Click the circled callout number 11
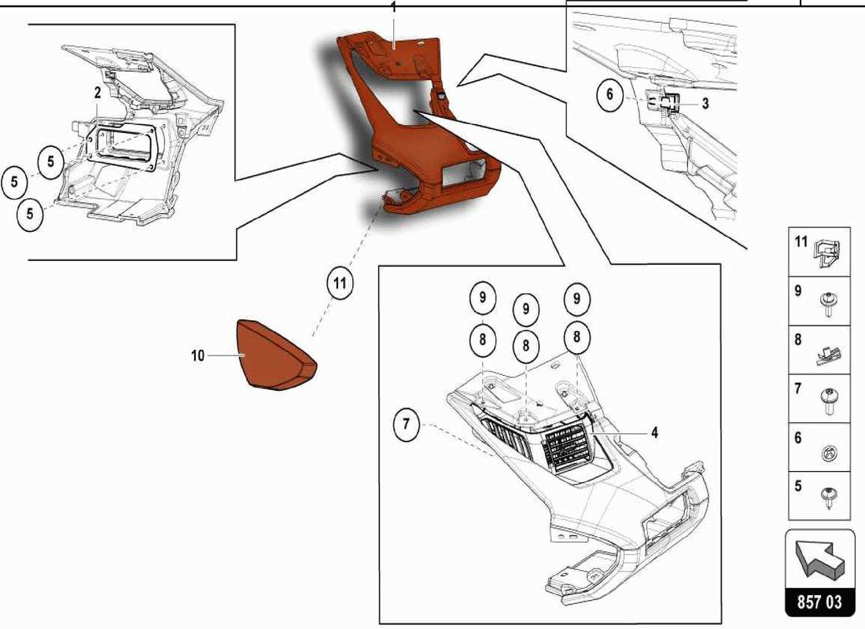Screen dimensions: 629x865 [x=339, y=283]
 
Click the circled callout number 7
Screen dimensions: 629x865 [x=406, y=426]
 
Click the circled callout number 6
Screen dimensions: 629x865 [x=609, y=96]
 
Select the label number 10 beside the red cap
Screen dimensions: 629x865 [x=197, y=356]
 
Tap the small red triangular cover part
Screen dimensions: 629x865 [x=275, y=355]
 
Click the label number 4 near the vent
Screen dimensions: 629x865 [x=654, y=432]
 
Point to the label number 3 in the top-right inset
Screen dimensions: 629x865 [x=705, y=104]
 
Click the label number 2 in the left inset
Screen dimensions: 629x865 [x=98, y=93]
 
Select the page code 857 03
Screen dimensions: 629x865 [x=819, y=602]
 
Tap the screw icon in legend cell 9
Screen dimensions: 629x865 [x=828, y=303]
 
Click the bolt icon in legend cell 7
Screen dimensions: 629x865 [x=828, y=401]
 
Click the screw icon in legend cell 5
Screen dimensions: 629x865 [x=828, y=497]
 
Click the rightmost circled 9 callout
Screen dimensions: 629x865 [x=576, y=299]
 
